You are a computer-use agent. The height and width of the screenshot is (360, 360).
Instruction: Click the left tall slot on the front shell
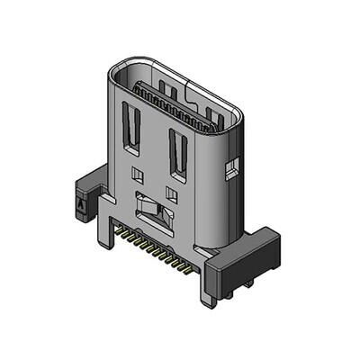[x=131, y=126]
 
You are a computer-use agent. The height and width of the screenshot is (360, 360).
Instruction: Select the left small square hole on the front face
[x=138, y=172]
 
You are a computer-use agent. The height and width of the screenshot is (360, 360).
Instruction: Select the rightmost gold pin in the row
[x=187, y=269]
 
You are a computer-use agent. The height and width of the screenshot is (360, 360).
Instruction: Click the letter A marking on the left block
[x=82, y=204]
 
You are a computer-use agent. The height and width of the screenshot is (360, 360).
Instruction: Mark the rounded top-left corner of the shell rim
[x=115, y=70]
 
